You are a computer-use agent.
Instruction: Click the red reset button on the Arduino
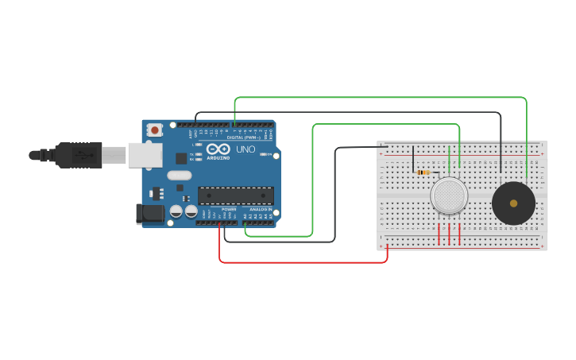click(x=155, y=129)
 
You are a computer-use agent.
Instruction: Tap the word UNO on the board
click(x=245, y=149)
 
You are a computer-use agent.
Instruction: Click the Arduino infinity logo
click(x=218, y=149)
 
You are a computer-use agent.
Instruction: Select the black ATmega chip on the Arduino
click(x=235, y=195)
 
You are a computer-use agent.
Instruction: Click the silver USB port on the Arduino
click(x=145, y=155)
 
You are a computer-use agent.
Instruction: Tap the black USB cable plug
click(x=79, y=155)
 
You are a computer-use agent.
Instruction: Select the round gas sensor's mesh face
click(x=449, y=195)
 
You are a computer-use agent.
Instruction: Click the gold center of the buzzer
click(x=513, y=203)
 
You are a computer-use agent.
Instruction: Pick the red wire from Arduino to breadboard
click(x=302, y=261)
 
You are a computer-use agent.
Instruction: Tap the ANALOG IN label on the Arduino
click(x=260, y=209)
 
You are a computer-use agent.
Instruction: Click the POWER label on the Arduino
click(x=229, y=209)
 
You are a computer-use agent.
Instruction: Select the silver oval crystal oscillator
click(x=180, y=175)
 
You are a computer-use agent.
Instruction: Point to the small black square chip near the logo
click(x=181, y=158)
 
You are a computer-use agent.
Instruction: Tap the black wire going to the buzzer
click(x=501, y=143)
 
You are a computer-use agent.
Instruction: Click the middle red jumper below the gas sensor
click(x=449, y=234)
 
